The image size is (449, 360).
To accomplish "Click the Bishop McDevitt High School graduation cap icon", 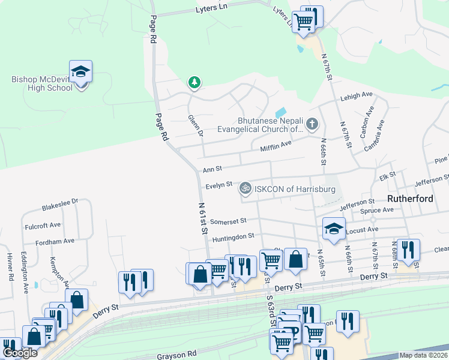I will (x=80, y=72).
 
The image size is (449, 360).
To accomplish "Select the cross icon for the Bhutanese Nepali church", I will (x=312, y=124).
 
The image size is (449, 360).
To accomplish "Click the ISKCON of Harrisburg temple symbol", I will (x=245, y=188).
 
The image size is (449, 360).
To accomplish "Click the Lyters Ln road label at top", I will (x=214, y=10).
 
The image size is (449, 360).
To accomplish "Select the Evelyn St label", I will (x=218, y=186).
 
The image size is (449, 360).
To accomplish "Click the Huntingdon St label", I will (x=234, y=236).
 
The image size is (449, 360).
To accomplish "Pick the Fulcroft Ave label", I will (x=43, y=226).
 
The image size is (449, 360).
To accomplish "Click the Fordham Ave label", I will (x=55, y=241).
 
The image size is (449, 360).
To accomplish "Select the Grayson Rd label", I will (x=177, y=355).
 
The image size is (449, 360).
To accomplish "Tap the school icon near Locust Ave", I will (x=334, y=228).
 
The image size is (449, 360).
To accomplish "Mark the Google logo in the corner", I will (x=20, y=353).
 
